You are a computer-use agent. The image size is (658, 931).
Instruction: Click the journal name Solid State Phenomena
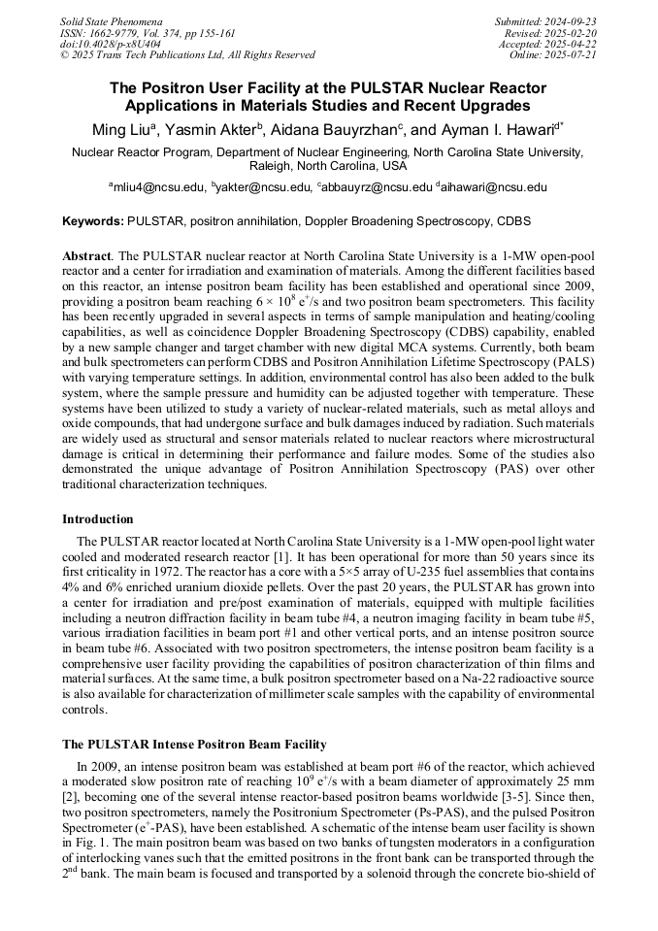click(111, 21)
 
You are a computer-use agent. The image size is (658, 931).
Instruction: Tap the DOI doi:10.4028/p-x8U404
click(111, 44)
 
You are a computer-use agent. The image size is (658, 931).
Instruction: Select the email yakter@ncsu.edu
click(263, 187)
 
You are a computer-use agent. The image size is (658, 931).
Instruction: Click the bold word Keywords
click(92, 221)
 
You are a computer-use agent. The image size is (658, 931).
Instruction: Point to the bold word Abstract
click(86, 254)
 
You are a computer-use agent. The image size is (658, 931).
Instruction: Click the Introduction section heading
click(98, 519)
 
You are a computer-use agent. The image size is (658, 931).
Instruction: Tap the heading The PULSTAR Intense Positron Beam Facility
click(194, 745)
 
